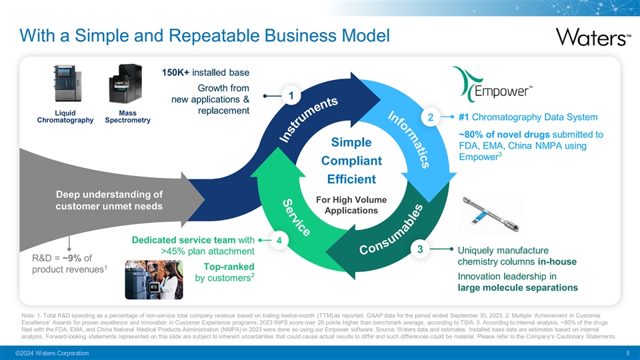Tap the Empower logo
[493, 85]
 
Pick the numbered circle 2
[431, 118]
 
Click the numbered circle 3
[419, 249]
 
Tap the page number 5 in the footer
[628, 352]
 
